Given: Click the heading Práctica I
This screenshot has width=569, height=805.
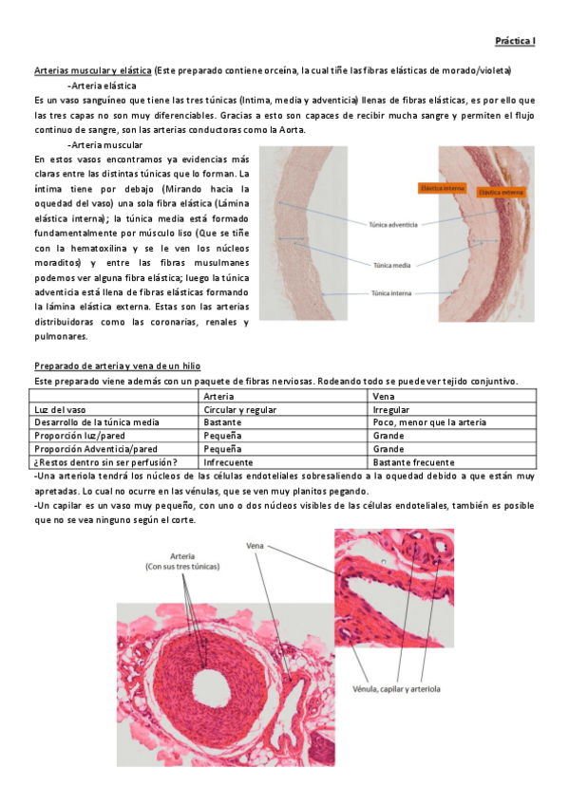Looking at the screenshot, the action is tap(516, 41).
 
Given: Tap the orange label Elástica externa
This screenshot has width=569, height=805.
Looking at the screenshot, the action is tap(502, 192).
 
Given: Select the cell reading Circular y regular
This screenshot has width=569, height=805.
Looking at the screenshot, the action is tap(240, 408).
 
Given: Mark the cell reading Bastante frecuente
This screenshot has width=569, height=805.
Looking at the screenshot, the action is tap(413, 462).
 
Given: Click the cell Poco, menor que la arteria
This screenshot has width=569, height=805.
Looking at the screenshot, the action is tap(430, 421).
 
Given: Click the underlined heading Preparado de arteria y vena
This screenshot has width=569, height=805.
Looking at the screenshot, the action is tap(117, 366).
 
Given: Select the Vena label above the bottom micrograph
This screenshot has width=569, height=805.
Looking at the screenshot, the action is tap(254, 547).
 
